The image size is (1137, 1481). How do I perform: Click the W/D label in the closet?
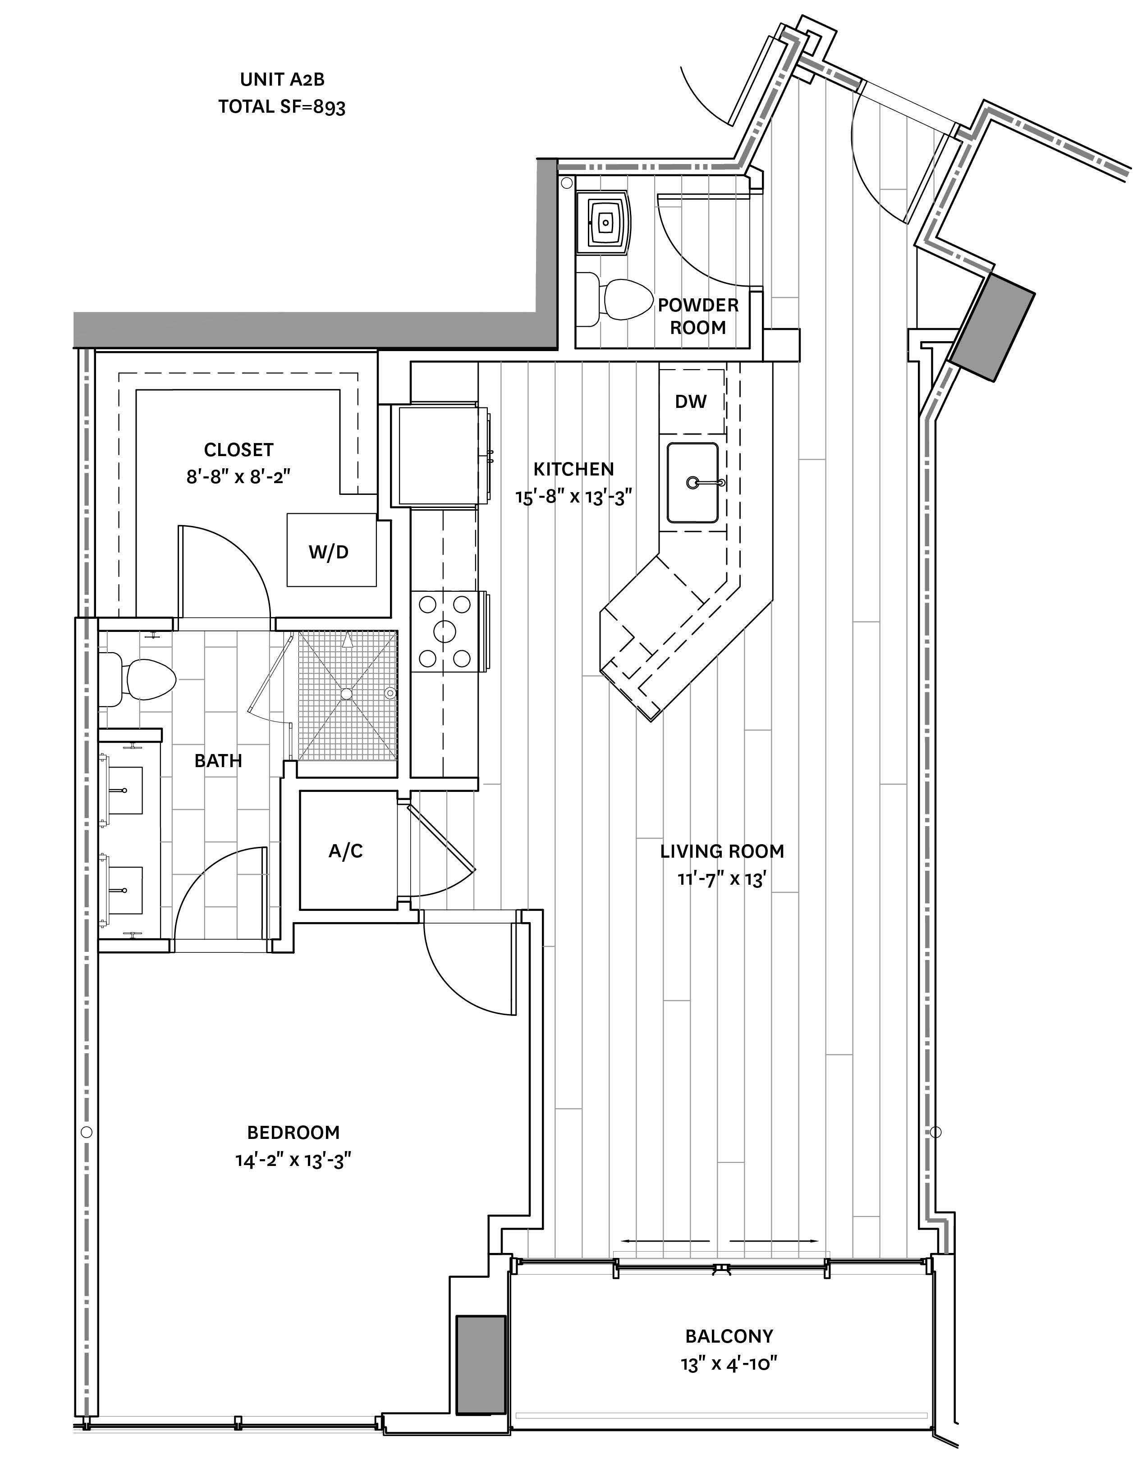tap(329, 552)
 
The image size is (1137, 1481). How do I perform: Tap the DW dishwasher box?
tap(692, 401)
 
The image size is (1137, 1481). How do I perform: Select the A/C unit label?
tap(346, 850)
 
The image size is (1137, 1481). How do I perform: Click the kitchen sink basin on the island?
tap(692, 482)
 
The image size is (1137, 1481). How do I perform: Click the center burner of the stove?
tap(445, 631)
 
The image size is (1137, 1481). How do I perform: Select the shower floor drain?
tap(347, 694)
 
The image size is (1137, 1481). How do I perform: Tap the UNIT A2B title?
tap(282, 80)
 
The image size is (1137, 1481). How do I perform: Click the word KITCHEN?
tap(573, 469)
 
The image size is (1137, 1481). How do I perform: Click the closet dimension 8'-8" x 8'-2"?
tap(238, 477)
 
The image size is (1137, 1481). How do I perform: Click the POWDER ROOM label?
tap(698, 316)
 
